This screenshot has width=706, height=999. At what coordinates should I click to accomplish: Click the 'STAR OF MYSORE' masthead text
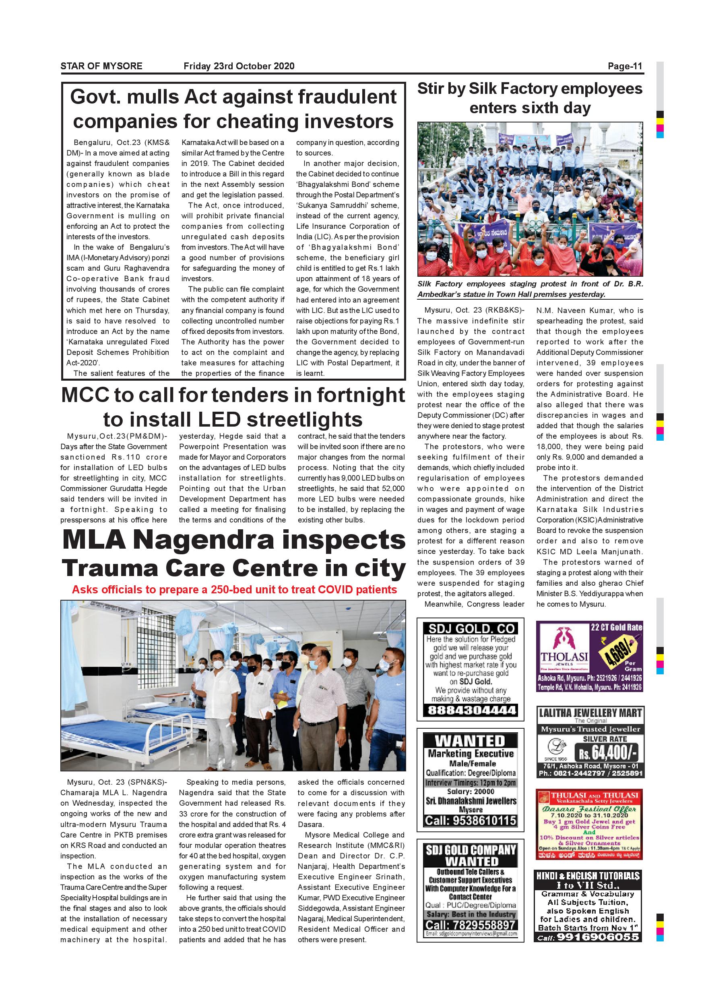101,66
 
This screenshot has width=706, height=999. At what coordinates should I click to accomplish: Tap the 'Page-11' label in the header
625,66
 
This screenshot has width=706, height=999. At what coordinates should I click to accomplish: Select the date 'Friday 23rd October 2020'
239,66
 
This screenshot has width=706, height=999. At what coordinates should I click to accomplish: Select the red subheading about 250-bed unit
234,590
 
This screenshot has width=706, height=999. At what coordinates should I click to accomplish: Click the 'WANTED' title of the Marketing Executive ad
470,741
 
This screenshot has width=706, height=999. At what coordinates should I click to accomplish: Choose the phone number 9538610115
471,821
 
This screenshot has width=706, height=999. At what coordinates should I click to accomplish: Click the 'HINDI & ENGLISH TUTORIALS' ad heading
588,875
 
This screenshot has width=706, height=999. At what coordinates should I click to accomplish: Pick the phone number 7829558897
471,924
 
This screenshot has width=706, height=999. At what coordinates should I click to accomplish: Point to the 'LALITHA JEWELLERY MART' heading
590,713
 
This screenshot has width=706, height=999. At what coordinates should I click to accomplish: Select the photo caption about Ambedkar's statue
530,289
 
